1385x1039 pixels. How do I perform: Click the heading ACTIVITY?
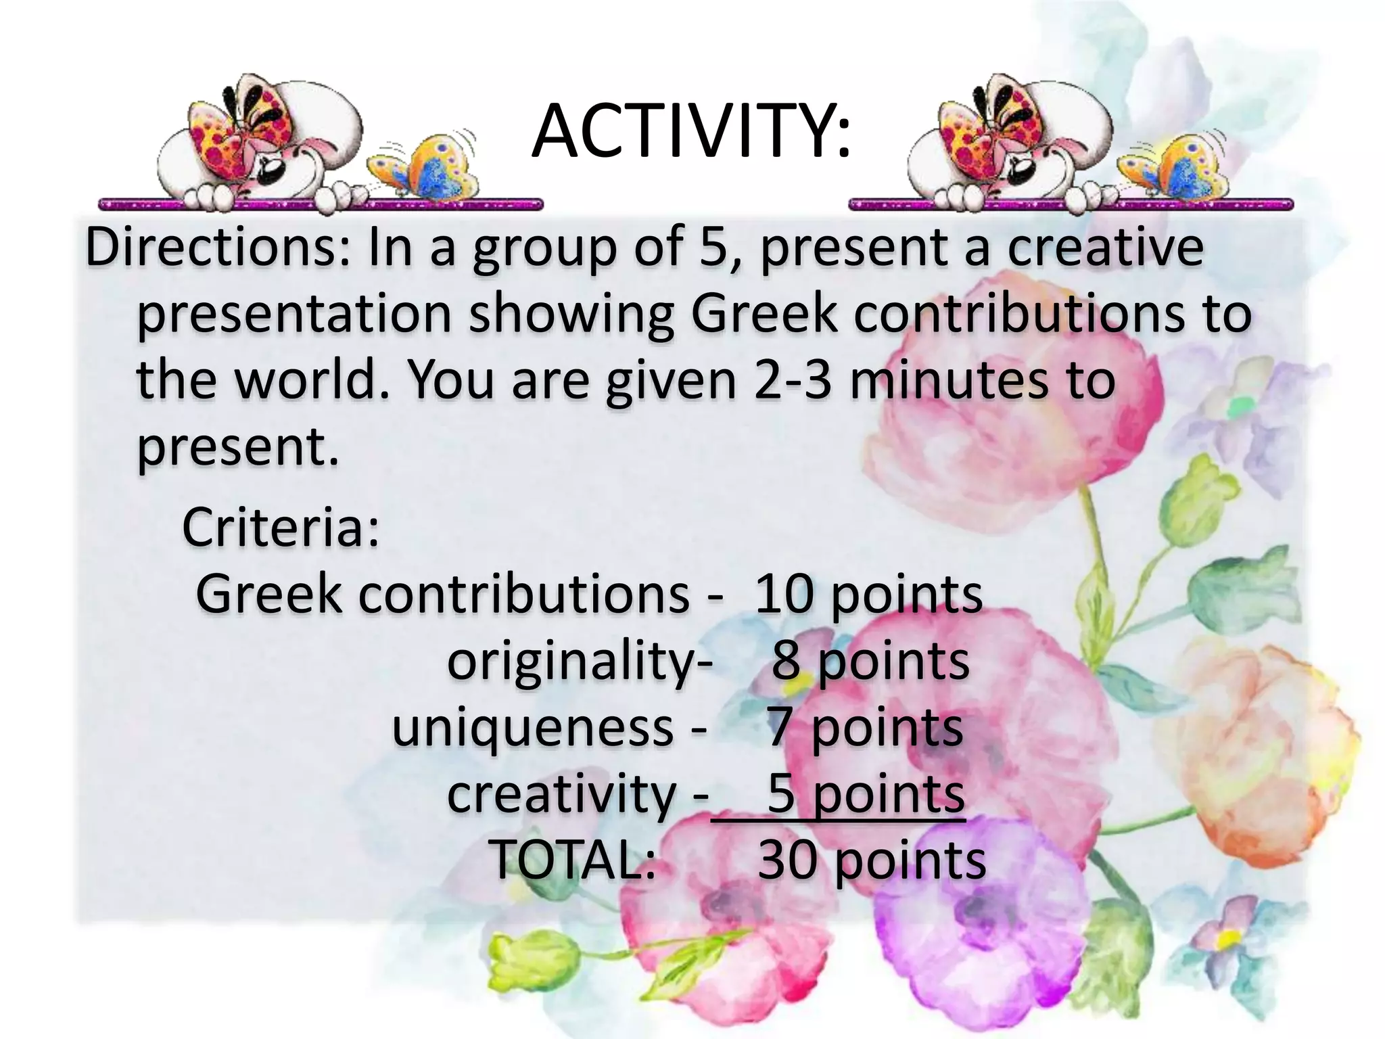(691, 133)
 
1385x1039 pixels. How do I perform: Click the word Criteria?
(281, 527)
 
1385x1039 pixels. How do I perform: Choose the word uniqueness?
(533, 728)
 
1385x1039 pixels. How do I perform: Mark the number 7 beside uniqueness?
(780, 728)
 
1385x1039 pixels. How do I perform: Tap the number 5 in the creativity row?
(780, 793)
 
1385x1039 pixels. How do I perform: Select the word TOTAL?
(572, 860)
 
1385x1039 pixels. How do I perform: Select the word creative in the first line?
(1106, 248)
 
